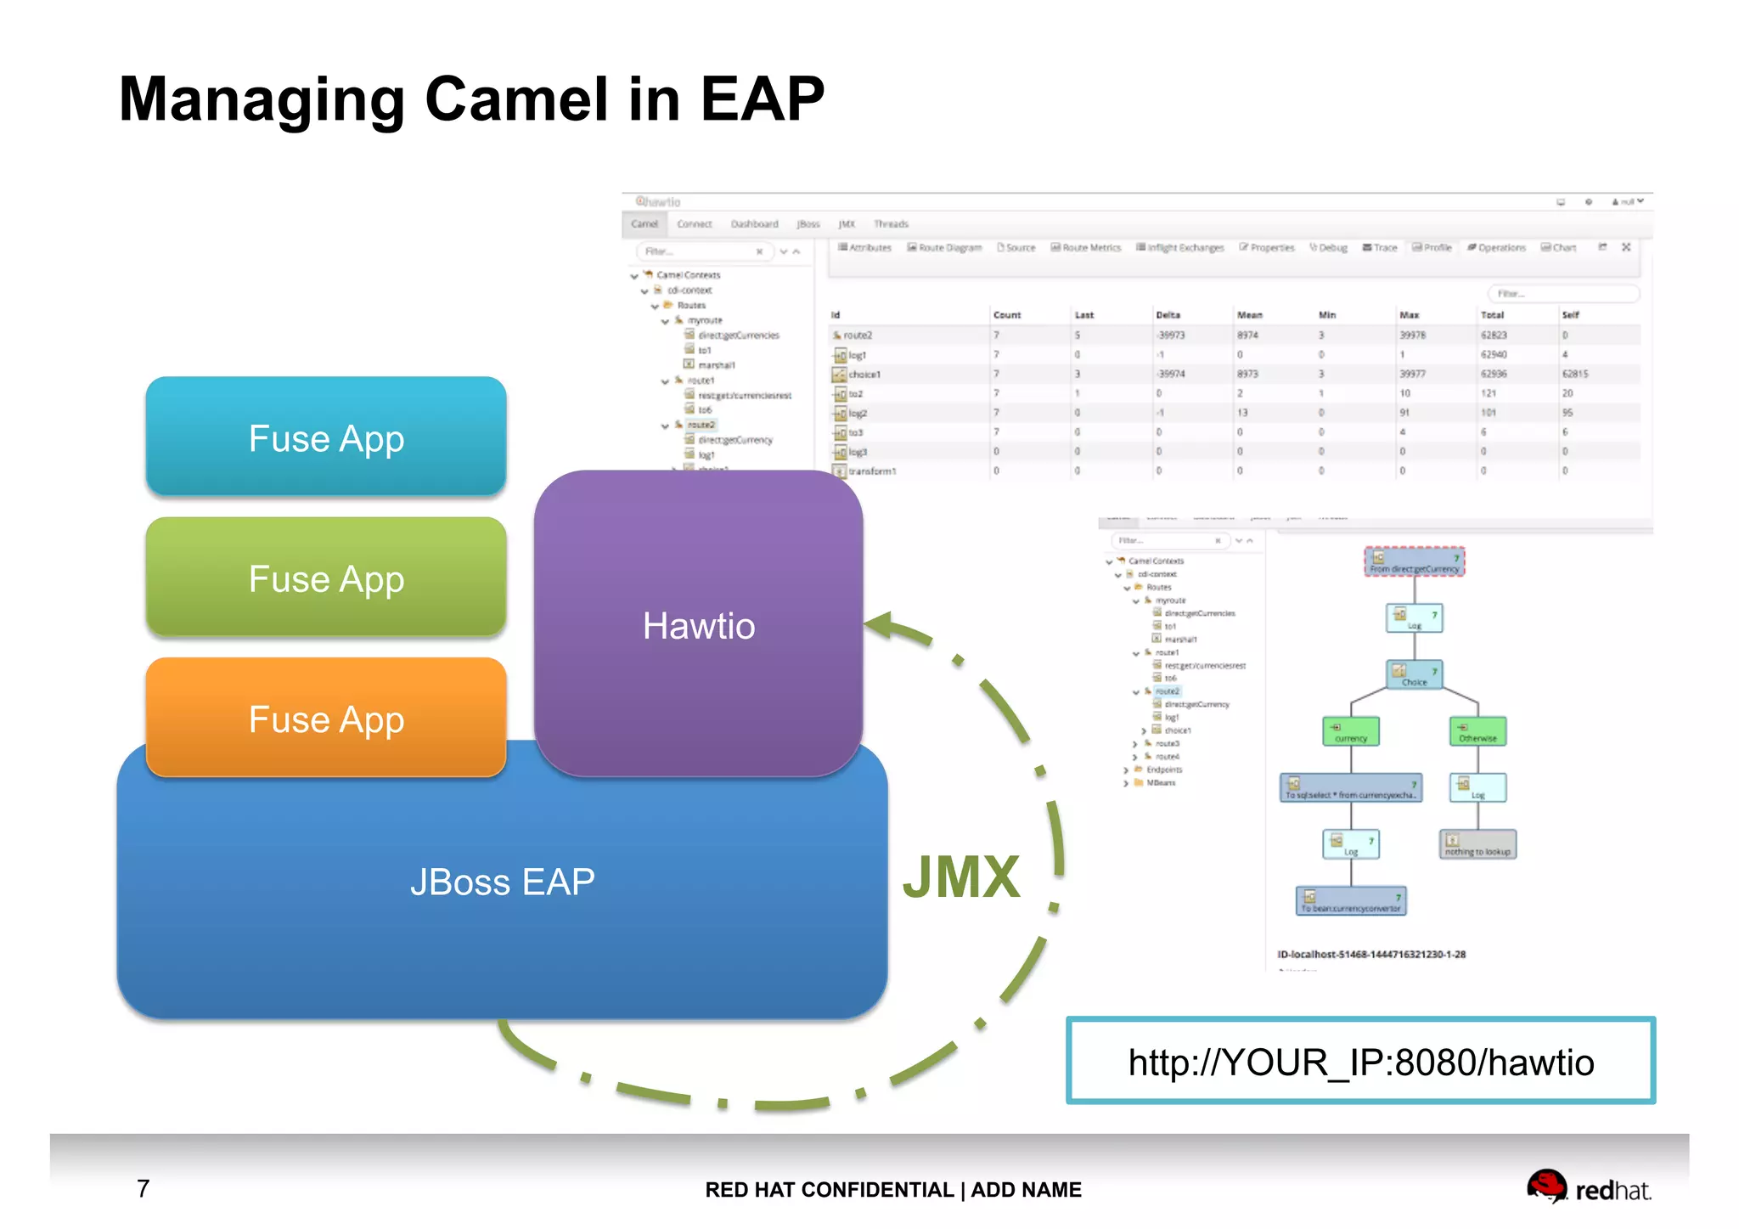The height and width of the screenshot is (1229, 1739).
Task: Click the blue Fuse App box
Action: (x=326, y=437)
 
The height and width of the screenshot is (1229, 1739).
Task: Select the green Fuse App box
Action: (x=326, y=578)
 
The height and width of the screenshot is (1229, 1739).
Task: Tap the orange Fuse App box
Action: (x=326, y=718)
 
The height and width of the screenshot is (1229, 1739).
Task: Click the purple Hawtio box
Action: (x=698, y=624)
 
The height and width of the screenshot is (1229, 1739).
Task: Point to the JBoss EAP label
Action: (x=502, y=882)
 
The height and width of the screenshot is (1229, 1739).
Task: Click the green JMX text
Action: (x=960, y=877)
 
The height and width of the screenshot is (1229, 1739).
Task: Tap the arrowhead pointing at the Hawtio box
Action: (x=879, y=626)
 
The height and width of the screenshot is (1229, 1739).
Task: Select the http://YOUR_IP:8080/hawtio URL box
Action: (x=1360, y=1062)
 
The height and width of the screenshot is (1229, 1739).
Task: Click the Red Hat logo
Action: (x=1588, y=1187)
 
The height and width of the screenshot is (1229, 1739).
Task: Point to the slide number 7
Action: (x=144, y=1188)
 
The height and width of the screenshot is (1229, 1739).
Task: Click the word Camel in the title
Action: (x=517, y=99)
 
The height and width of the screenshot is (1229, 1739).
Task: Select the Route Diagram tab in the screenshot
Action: (x=944, y=248)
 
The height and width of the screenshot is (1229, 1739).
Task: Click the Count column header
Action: (x=1007, y=315)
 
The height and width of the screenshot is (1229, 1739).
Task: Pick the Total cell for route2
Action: (x=1494, y=335)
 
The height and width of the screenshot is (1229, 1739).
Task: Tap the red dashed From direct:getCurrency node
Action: (x=1414, y=562)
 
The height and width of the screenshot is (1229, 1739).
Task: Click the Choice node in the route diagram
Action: (x=1414, y=674)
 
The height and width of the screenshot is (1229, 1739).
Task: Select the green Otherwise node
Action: (x=1477, y=731)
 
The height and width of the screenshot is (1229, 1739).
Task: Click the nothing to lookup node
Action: (x=1477, y=844)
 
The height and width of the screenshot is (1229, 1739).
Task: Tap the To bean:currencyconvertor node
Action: (x=1350, y=901)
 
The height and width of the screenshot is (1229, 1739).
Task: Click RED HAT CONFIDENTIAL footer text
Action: (x=829, y=1190)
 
